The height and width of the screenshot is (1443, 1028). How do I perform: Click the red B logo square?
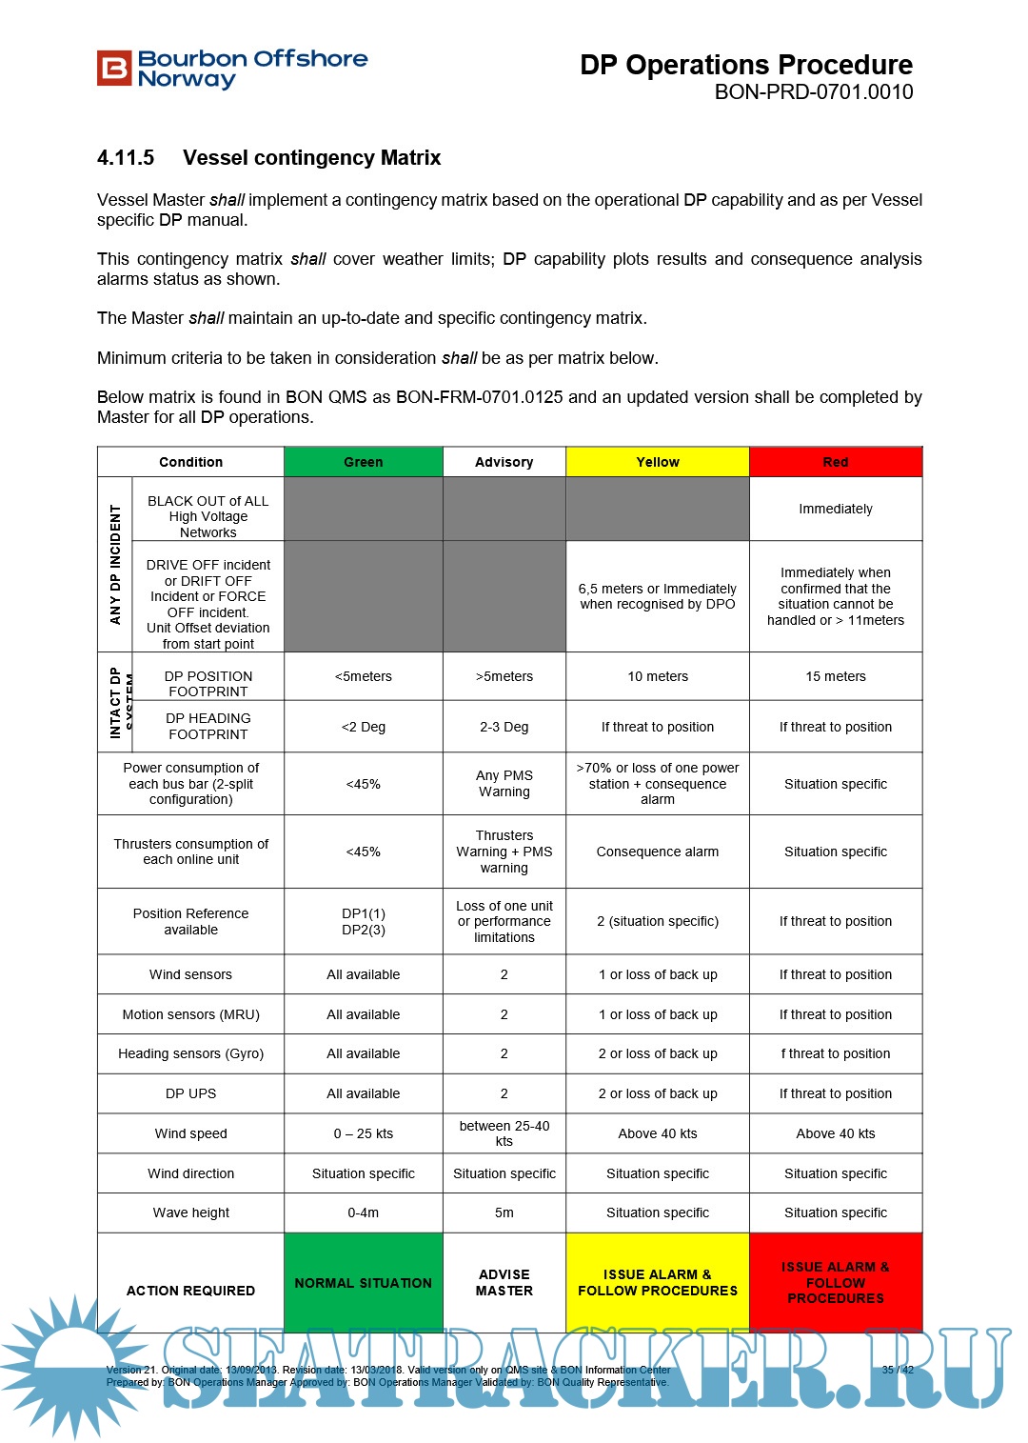coord(114,69)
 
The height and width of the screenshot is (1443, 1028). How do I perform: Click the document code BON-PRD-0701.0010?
coord(814,92)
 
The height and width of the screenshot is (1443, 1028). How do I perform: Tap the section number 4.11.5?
coord(126,158)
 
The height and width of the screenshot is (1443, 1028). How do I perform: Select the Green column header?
coord(363,462)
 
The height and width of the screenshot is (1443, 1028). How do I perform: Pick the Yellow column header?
coord(658,462)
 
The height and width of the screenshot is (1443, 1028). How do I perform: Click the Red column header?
coord(836,462)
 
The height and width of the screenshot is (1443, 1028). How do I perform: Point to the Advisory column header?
coord(504,462)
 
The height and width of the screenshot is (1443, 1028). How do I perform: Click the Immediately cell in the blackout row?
coord(836,509)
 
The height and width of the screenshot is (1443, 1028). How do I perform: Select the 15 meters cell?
coord(836,676)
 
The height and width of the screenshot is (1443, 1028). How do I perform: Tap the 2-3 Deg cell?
coord(504,727)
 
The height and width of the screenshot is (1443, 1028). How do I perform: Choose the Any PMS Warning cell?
coord(504,783)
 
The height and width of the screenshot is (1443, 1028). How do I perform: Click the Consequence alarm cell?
coord(658,852)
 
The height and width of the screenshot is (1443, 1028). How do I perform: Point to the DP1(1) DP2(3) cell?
coord(363,921)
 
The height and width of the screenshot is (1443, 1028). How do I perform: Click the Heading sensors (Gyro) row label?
coord(190,1053)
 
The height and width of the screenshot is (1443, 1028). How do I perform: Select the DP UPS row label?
coord(190,1093)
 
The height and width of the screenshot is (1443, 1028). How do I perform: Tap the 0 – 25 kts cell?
coord(363,1133)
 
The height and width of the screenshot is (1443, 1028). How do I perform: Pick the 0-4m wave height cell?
coord(363,1213)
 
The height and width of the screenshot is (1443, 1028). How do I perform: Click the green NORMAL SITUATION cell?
coord(363,1283)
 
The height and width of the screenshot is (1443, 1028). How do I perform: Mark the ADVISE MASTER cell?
coord(504,1282)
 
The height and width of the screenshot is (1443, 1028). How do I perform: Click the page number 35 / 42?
coord(897,1370)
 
